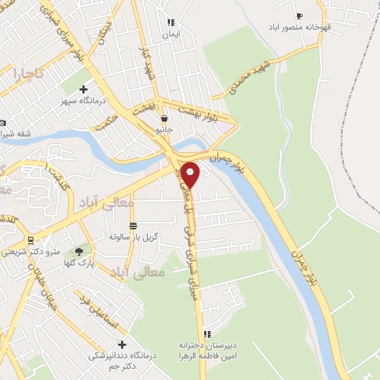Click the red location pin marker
tap(191, 174)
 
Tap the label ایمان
tap(171, 34)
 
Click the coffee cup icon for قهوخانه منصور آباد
tap(300, 16)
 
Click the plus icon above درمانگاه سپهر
tap(84, 89)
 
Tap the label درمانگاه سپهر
tap(84, 100)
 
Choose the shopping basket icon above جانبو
tap(164, 118)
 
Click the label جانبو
tap(163, 129)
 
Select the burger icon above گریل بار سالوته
tap(133, 226)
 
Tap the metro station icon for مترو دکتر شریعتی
tap(30, 240)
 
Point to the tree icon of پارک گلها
tap(79, 252)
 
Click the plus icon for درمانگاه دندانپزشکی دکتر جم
tap(122, 344)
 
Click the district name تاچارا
tap(29, 74)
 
